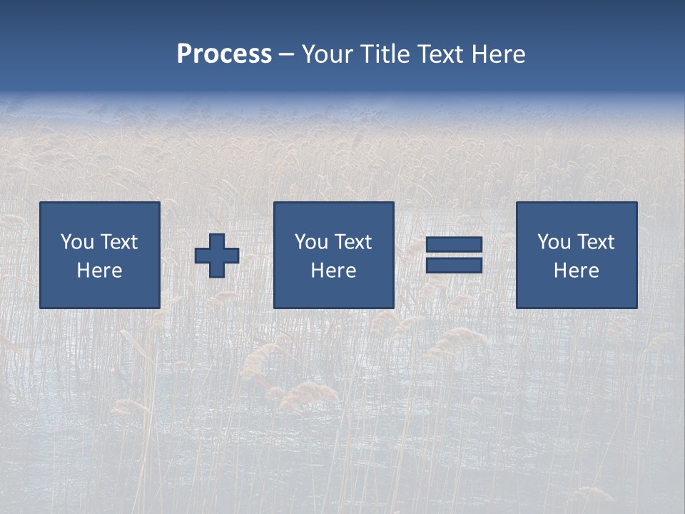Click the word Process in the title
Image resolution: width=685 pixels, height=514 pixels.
pyautogui.click(x=224, y=54)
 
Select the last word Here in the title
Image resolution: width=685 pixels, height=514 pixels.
pyautogui.click(x=499, y=54)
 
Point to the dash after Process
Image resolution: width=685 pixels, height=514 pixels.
pyautogui.click(x=286, y=54)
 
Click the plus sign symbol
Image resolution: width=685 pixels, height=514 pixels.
pyautogui.click(x=217, y=256)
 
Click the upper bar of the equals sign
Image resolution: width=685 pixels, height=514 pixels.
pyautogui.click(x=454, y=245)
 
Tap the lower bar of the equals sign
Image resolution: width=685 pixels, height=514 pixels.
pyautogui.click(x=454, y=265)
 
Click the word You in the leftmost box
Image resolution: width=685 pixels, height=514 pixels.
pyautogui.click(x=77, y=242)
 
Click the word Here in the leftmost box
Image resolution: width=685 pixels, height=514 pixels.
pyautogui.click(x=100, y=271)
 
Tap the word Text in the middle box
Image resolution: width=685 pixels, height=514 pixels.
pyautogui.click(x=354, y=242)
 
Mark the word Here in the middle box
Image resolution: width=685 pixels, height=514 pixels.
pyautogui.click(x=334, y=271)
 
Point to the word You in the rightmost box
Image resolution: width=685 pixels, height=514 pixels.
pyautogui.click(x=554, y=242)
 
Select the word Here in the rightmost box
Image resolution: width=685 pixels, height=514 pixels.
pyautogui.click(x=577, y=271)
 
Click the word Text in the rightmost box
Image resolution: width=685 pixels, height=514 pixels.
pyautogui.click(x=597, y=242)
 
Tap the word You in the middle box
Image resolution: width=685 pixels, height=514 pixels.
pyautogui.click(x=311, y=242)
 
